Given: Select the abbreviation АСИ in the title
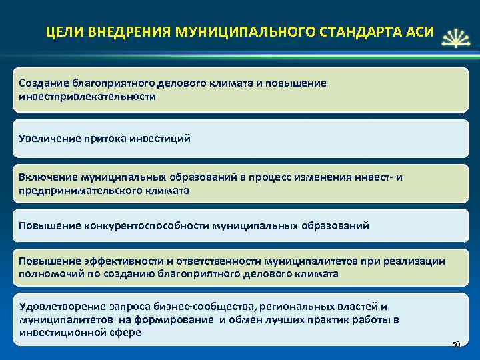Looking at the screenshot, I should (419, 32).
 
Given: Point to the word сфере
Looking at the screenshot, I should (127, 332).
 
